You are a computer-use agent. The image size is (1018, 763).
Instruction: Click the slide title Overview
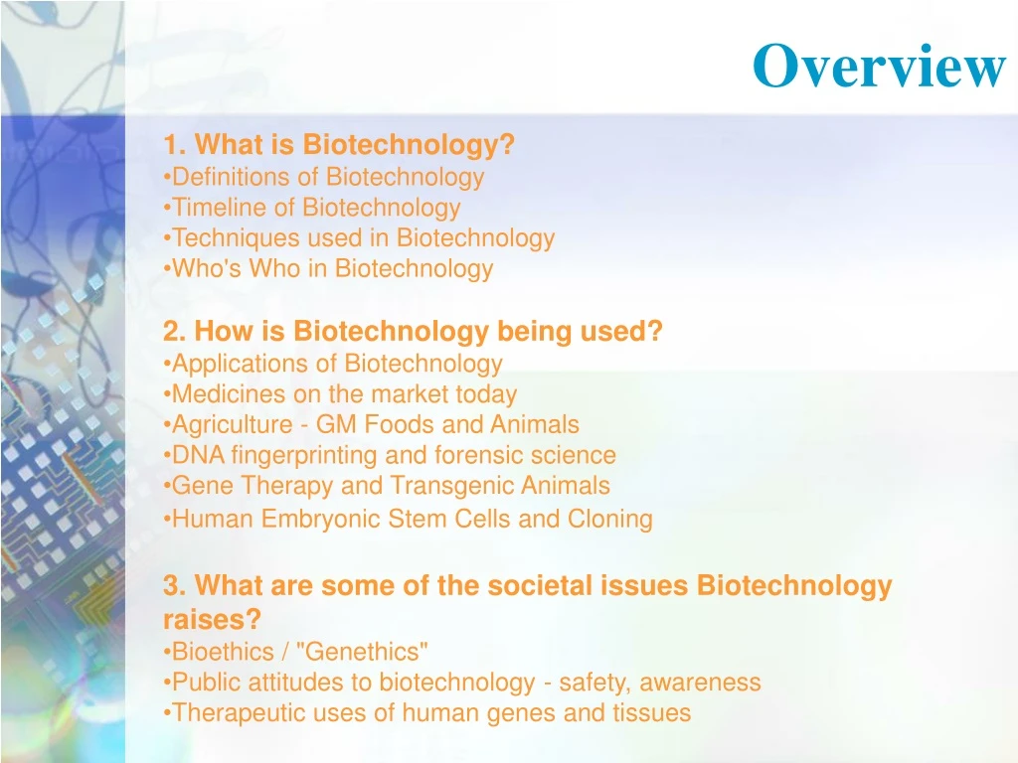point(879,67)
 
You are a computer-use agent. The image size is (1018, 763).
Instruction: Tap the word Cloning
point(609,519)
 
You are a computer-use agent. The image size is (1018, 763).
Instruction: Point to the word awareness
point(700,683)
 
